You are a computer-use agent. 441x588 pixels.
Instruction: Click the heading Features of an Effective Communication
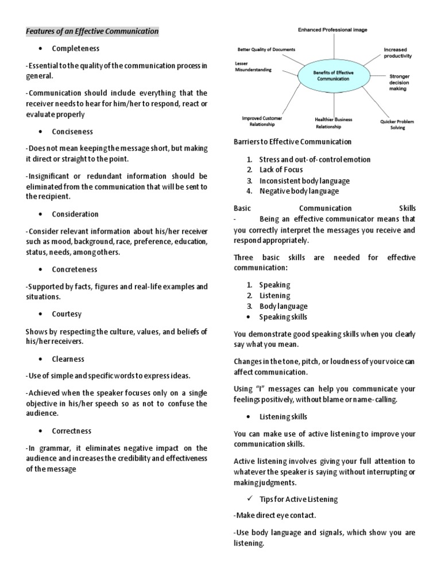click(x=92, y=31)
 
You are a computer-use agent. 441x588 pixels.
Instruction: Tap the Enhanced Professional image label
click(x=332, y=29)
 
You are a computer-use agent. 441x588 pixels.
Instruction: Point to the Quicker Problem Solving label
click(x=397, y=125)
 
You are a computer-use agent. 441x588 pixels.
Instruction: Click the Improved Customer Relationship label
click(x=262, y=121)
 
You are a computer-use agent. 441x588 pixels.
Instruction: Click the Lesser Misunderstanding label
click(x=253, y=66)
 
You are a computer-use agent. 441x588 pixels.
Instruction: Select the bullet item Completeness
click(x=75, y=48)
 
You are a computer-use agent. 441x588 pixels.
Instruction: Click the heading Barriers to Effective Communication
click(x=292, y=142)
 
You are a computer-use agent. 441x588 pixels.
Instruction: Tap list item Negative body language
click(x=299, y=191)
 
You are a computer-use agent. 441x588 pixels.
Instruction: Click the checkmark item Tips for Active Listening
click(x=298, y=499)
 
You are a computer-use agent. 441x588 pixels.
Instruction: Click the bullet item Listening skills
click(x=283, y=416)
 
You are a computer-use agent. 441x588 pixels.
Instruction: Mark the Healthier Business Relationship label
click(x=334, y=123)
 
